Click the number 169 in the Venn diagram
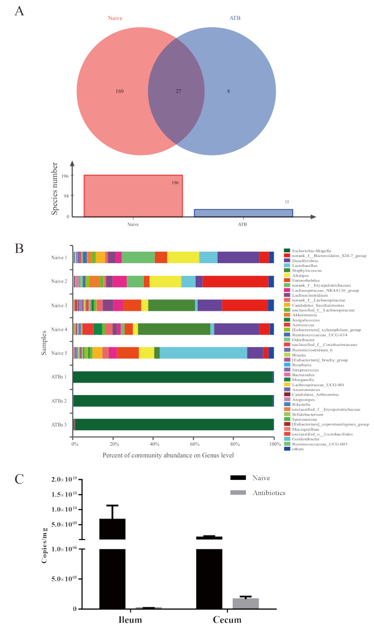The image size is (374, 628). [x=119, y=91]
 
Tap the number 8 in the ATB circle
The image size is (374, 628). [x=228, y=91]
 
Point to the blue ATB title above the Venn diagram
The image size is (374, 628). [x=236, y=18]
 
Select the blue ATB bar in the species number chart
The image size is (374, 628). [x=243, y=213]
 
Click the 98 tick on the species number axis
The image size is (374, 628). [x=65, y=196]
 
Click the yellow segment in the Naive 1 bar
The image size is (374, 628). [x=183, y=257]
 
